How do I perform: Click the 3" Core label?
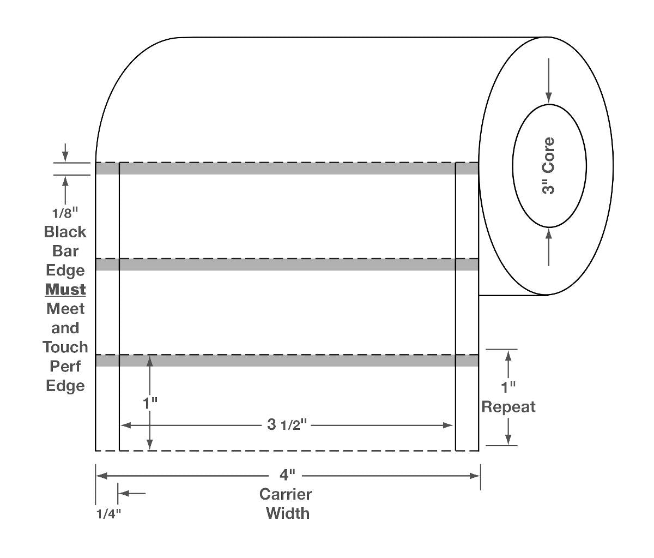point(549,166)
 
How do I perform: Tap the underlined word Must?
point(65,290)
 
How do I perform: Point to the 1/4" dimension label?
point(108,513)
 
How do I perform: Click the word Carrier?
point(286,494)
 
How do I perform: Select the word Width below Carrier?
point(288,513)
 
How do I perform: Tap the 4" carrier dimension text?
point(287,475)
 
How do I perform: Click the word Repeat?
point(508,407)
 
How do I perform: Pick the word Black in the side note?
point(65,232)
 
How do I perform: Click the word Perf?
point(65,366)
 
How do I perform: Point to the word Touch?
point(65,347)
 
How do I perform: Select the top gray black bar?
point(287,169)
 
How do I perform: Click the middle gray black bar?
point(287,265)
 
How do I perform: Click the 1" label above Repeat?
point(508,388)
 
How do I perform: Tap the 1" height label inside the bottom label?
point(150,404)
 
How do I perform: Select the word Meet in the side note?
point(65,309)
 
